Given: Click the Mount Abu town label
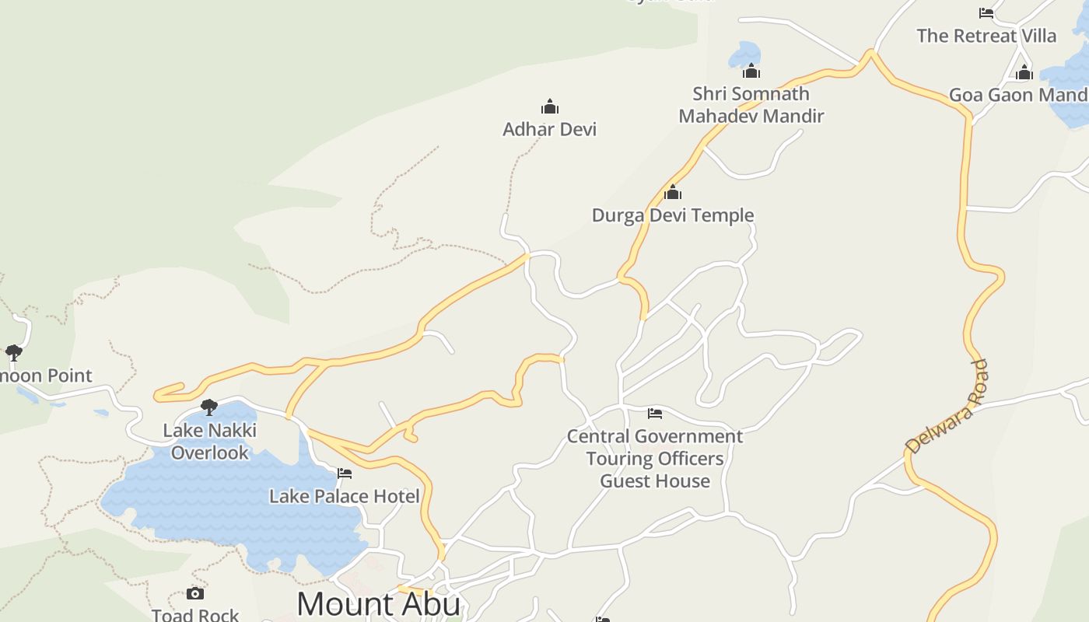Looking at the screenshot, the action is (378, 604).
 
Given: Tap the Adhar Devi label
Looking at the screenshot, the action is (549, 129).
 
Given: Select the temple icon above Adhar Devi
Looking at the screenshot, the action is (550, 107).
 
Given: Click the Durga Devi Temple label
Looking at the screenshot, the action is (673, 215).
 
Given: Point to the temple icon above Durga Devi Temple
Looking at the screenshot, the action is (673, 192).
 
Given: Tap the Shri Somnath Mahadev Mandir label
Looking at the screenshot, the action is (751, 105).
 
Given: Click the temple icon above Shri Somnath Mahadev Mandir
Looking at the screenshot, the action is (751, 72).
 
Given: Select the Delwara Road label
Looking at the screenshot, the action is (947, 407).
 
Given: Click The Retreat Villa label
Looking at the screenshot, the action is (986, 36).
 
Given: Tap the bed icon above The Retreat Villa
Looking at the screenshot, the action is (986, 13).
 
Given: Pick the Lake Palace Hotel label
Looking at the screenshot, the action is (344, 496).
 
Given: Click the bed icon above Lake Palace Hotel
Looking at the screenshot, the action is (345, 473).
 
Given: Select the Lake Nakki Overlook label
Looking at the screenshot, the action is (209, 442).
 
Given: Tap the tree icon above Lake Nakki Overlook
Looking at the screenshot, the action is (208, 407).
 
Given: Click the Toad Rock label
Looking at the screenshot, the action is (195, 615).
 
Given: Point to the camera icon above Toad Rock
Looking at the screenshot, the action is (195, 594).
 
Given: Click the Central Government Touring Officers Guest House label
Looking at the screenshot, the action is (655, 459).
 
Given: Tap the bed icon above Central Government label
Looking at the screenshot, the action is (655, 414).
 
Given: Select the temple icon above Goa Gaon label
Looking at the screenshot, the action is (1024, 73).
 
